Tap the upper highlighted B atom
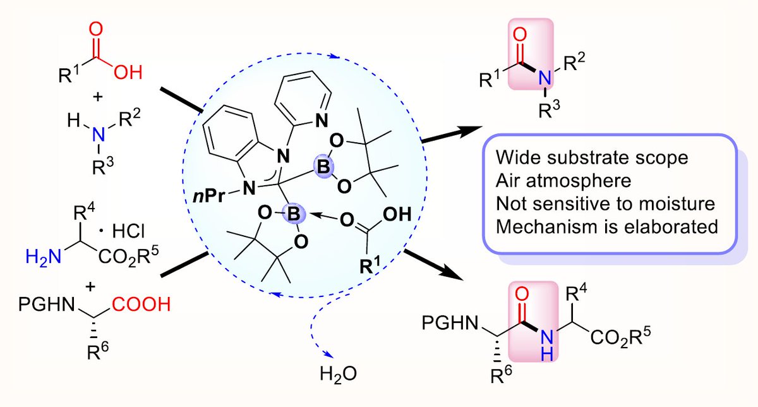click(x=321, y=169)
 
